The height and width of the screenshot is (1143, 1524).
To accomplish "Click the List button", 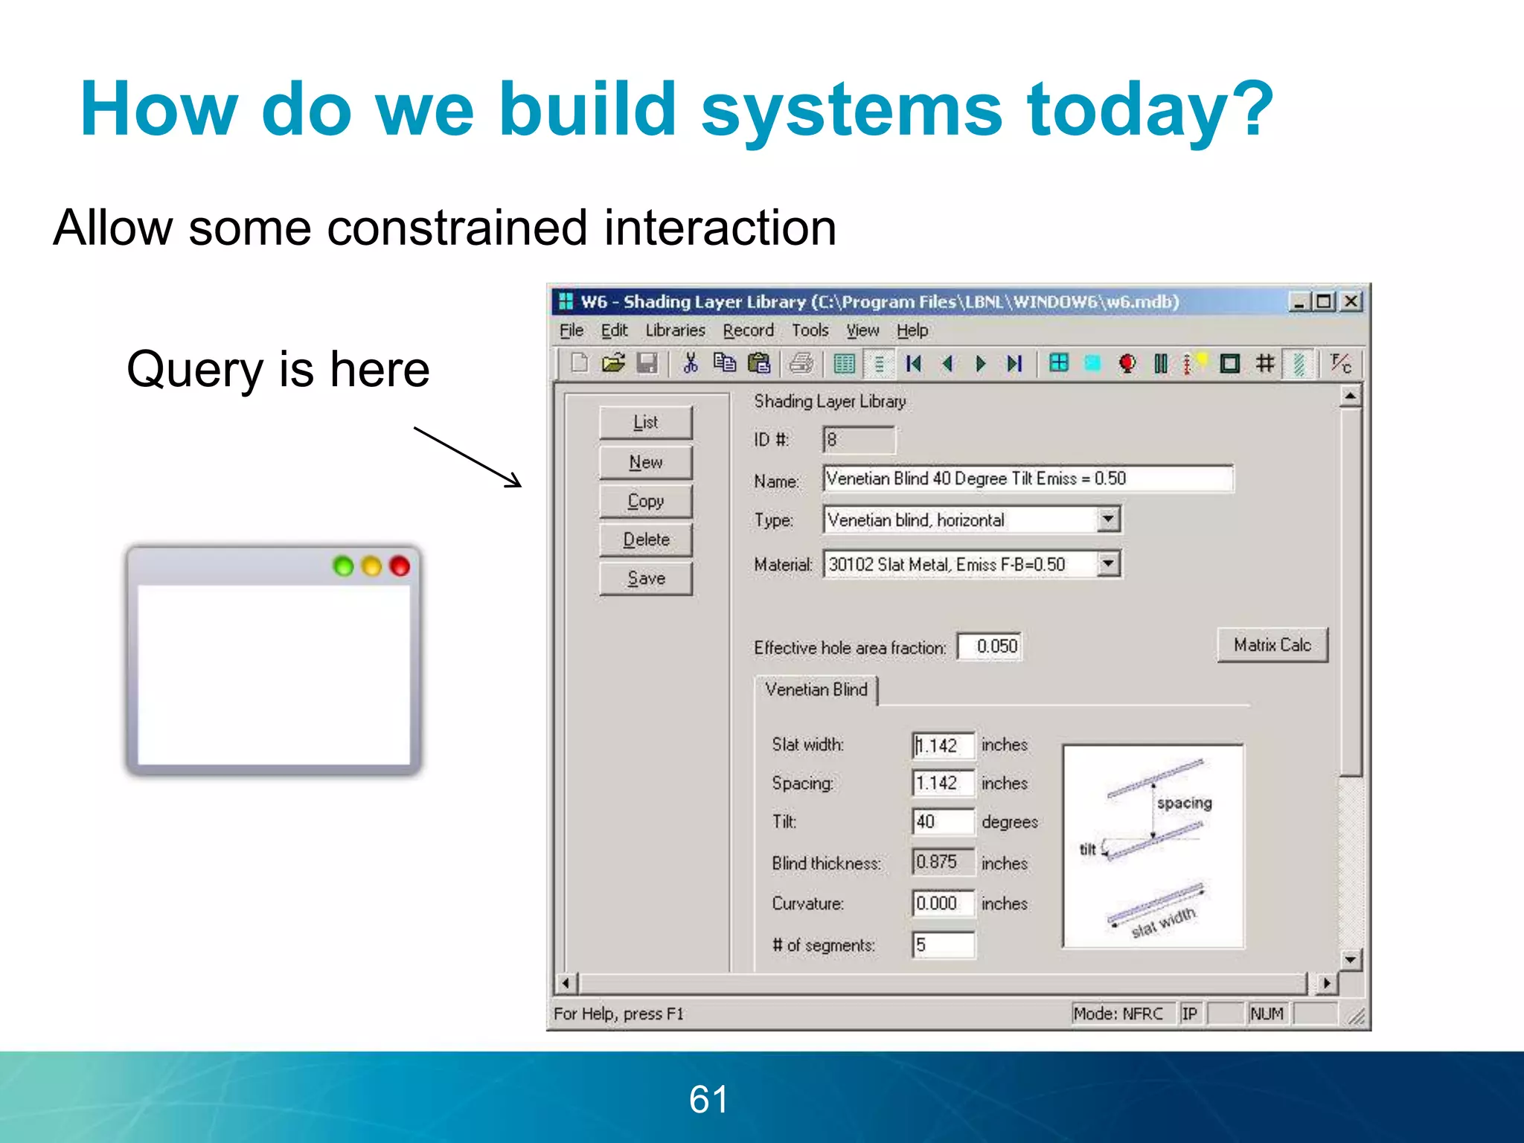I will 645,423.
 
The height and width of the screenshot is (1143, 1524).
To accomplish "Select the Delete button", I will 645,540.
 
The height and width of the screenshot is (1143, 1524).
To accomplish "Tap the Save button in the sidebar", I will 645,578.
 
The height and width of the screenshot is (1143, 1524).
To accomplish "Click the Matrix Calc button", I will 1272,645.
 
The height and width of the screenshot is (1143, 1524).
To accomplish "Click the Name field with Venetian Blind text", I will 1027,478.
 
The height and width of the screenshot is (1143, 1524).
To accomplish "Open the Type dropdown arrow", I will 1108,519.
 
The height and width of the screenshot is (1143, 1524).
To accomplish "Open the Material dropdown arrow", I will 1108,564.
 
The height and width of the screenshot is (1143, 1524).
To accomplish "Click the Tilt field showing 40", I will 942,822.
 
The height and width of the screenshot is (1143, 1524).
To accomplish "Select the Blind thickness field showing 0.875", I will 942,862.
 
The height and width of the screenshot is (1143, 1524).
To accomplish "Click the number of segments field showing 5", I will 942,945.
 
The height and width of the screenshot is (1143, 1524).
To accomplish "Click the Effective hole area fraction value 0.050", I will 990,646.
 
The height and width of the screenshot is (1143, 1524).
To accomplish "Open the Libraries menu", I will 675,330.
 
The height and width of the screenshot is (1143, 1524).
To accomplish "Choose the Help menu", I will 912,330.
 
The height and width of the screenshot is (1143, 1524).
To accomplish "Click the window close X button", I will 1351,301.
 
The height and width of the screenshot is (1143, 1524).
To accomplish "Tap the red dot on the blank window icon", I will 400,566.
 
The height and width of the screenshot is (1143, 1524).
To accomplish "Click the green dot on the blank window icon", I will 343,566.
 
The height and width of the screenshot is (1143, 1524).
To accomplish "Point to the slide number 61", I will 708,1099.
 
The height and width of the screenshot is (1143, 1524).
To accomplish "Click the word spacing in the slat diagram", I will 1184,803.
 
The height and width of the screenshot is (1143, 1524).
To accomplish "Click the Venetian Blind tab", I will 816,690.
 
